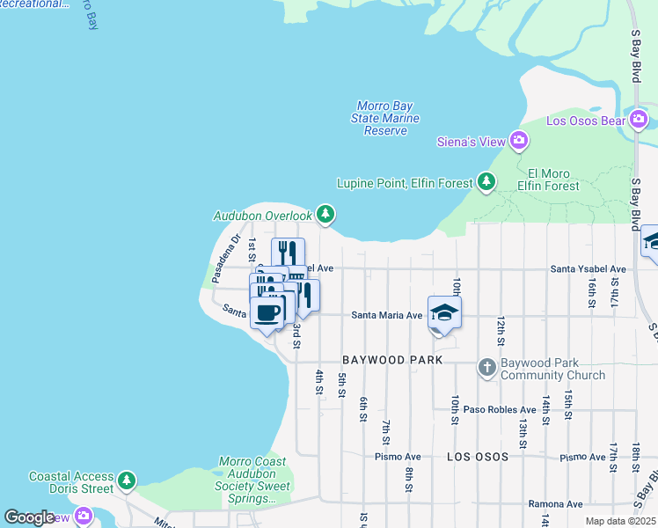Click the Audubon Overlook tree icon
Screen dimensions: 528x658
pyautogui.click(x=325, y=214)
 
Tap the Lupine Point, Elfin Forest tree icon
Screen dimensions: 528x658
pyautogui.click(x=486, y=182)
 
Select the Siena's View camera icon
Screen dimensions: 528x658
pyautogui.click(x=519, y=140)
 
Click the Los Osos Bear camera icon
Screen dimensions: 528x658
pyautogui.click(x=639, y=120)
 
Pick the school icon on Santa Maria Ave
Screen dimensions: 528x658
pyautogui.click(x=444, y=312)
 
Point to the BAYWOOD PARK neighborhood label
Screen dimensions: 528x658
pyautogui.click(x=391, y=361)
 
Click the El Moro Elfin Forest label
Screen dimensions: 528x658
pyautogui.click(x=548, y=180)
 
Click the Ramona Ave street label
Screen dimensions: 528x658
pyautogui.click(x=555, y=504)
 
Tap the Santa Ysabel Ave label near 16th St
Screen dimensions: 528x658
pyautogui.click(x=589, y=268)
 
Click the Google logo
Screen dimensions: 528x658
pyautogui.click(x=29, y=517)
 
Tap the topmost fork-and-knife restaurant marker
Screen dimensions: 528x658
pyautogui.click(x=288, y=252)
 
